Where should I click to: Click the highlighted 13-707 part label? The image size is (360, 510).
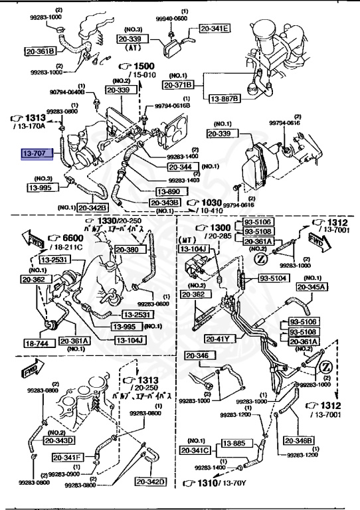[35, 153]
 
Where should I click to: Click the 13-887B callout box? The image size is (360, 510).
[223, 98]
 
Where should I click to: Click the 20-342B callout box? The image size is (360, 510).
[93, 207]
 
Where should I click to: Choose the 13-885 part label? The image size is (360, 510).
[234, 442]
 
